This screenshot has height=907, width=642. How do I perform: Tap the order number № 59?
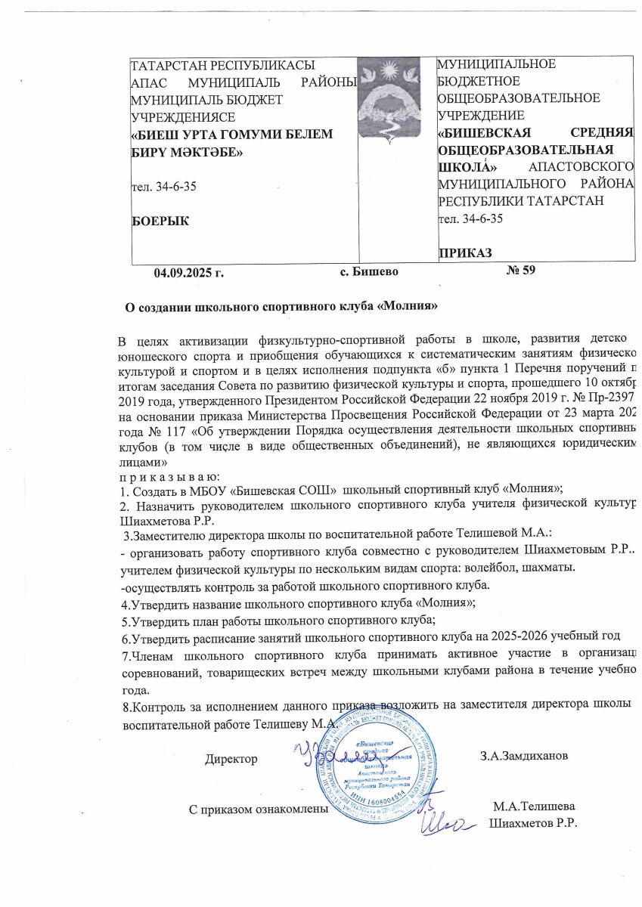tap(519, 271)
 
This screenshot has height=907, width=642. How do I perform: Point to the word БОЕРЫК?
tap(161, 220)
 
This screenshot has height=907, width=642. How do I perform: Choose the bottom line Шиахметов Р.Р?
tap(533, 823)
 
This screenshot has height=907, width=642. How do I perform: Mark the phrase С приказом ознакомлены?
tap(258, 809)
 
